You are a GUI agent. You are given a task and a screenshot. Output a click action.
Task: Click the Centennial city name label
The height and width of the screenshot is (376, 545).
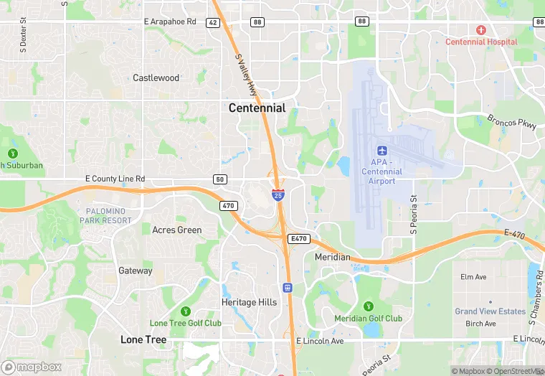coord(257,108)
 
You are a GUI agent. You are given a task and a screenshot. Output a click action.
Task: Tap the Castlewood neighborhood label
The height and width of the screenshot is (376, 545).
coord(156,77)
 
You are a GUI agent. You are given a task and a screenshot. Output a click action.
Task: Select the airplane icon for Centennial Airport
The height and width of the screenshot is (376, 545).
coord(381,151)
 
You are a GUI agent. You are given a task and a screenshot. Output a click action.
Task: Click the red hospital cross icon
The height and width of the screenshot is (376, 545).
coord(480,30)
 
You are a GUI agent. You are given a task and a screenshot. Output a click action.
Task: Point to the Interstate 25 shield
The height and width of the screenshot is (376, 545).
coord(278,194)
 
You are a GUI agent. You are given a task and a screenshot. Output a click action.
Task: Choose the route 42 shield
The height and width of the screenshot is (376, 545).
coord(212,23)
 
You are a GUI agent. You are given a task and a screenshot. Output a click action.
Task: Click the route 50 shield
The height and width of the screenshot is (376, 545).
coord(220,179)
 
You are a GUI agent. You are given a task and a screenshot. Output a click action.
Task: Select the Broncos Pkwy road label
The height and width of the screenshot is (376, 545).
coord(511,122)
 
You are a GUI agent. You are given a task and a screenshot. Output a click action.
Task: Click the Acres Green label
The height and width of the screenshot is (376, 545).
coord(177,230)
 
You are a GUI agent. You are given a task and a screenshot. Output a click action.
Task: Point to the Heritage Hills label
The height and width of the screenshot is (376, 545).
coord(249,302)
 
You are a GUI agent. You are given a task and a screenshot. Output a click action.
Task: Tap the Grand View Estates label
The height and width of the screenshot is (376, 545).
coord(490,311)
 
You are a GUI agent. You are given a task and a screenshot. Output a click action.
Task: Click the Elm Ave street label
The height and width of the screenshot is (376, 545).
coord(473,277)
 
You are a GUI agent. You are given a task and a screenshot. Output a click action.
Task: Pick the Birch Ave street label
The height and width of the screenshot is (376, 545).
coord(480,324)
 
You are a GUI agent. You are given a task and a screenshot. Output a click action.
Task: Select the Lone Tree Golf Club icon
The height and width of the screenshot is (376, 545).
coord(186,311)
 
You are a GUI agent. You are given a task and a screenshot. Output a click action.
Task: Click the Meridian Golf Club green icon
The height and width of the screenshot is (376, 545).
coord(369,306)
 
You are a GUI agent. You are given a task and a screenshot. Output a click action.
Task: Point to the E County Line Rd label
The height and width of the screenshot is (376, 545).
coord(115,179)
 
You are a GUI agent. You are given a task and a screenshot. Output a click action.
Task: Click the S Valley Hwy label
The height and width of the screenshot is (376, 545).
coord(246,76)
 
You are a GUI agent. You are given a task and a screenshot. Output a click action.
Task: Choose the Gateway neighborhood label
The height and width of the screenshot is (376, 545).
coord(136,271)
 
